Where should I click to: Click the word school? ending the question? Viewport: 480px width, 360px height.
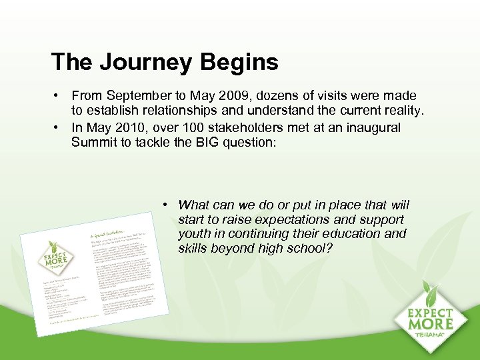[x=311, y=249]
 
